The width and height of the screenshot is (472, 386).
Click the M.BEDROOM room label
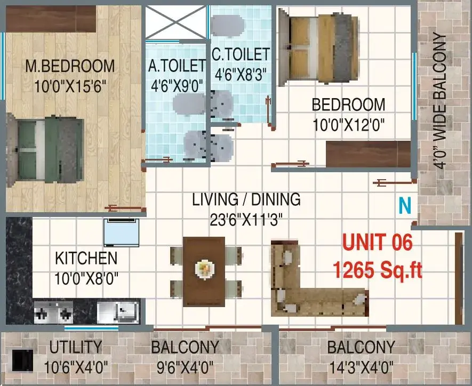pos(70,67)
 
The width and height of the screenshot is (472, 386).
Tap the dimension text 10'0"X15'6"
pos(70,87)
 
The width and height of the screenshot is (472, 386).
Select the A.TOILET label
pos(177,66)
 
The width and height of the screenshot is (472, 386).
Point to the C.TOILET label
pos(241,54)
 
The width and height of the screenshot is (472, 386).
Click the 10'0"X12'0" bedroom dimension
pos(349,125)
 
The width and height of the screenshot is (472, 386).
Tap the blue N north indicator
pos(405,206)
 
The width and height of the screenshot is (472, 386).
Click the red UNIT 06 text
pos(378,243)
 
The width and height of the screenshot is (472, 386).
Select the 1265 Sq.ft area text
pos(378,270)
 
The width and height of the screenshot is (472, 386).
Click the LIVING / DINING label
pos(246,199)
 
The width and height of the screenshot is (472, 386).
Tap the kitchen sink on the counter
pos(118,312)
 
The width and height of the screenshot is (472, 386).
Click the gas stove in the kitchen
pos(53,312)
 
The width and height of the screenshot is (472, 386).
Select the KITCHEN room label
pos(86,259)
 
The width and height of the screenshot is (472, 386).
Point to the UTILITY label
pos(76,347)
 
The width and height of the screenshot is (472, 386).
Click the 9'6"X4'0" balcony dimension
pos(185,367)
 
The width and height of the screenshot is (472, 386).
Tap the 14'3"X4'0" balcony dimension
pos(361,367)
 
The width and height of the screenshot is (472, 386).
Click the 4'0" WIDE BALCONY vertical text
pos(440,102)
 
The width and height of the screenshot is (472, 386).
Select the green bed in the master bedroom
pos(45,150)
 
